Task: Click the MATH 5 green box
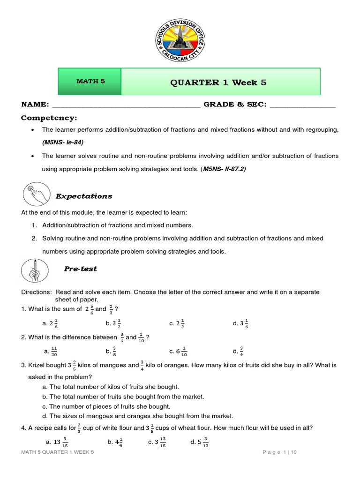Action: point(90,81)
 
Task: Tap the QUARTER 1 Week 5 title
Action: point(218,82)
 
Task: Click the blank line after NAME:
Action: point(127,105)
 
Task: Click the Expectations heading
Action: point(84,196)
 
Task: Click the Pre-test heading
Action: point(80,269)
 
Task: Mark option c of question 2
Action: point(179,351)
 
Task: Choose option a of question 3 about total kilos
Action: point(111,387)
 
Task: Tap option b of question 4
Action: point(115,442)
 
